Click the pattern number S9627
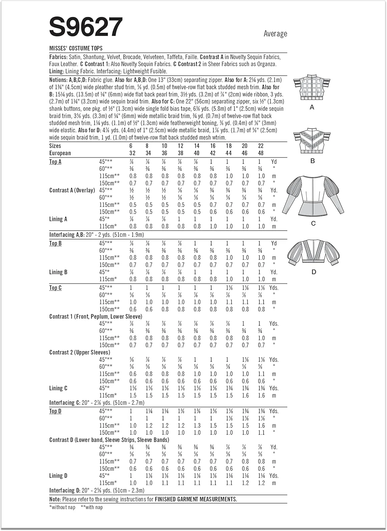tap(86, 27)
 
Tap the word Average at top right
tap(275, 34)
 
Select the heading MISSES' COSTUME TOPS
tap(76, 48)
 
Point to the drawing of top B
tap(312, 141)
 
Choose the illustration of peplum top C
tap(313, 196)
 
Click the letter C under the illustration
tap(313, 223)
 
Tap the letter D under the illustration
tap(314, 272)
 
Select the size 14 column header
tap(197, 146)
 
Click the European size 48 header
tap(261, 153)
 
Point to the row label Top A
tap(55, 162)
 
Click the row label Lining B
tap(58, 272)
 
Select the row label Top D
tap(55, 411)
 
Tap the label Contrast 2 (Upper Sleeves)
tap(80, 352)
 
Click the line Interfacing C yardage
tap(97, 402)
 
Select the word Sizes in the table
tap(55, 146)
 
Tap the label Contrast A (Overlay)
tap(72, 190)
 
